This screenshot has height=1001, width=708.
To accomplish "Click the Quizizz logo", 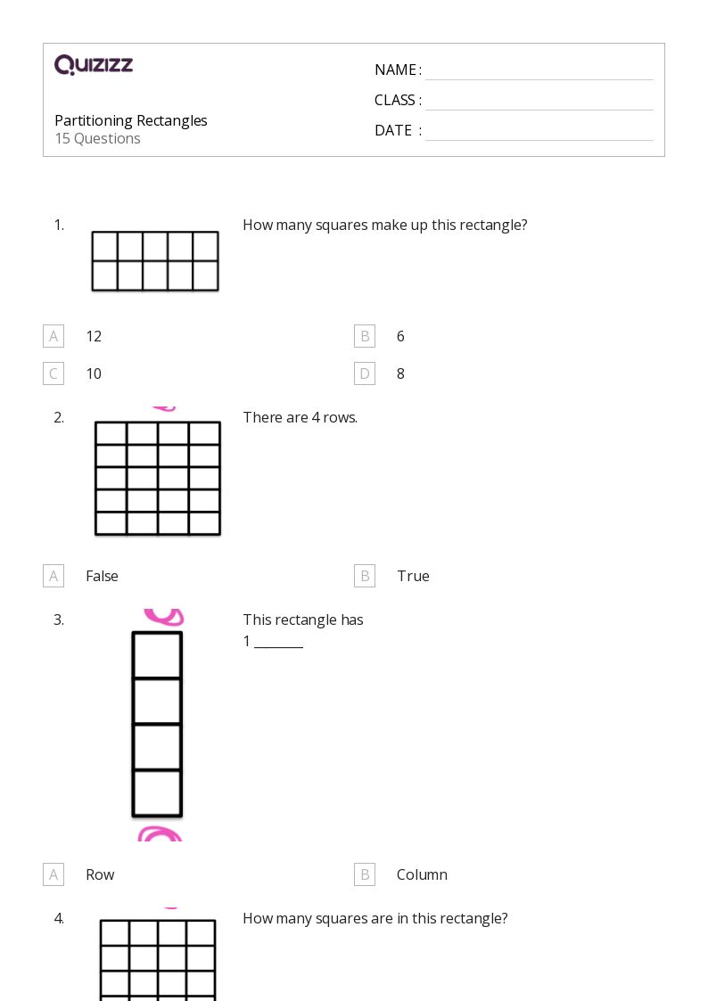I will click(x=94, y=65).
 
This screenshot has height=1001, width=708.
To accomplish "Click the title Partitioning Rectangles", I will click(x=131, y=120).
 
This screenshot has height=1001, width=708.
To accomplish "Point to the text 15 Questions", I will click(x=97, y=138).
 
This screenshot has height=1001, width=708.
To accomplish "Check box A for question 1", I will click(x=54, y=336).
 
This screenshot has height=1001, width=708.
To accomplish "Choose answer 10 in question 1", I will click(x=94, y=373).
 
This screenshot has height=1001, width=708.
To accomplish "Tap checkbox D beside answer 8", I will click(x=365, y=373).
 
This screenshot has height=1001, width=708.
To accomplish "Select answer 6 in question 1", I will click(x=400, y=336).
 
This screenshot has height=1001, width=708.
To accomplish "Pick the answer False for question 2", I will click(x=102, y=576).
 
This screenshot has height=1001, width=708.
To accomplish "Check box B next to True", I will click(x=365, y=576).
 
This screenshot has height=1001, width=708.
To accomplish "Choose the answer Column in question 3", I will click(x=422, y=874).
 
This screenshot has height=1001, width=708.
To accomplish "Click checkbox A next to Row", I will click(x=54, y=874).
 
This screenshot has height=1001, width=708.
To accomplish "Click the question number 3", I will click(x=59, y=619).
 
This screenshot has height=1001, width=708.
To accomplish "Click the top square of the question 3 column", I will click(x=157, y=656).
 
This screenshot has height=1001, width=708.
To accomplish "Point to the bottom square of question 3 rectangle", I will click(x=157, y=792).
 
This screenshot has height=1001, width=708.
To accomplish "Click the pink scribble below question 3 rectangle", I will click(x=160, y=834).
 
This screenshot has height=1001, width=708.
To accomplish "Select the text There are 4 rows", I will click(x=300, y=417).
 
